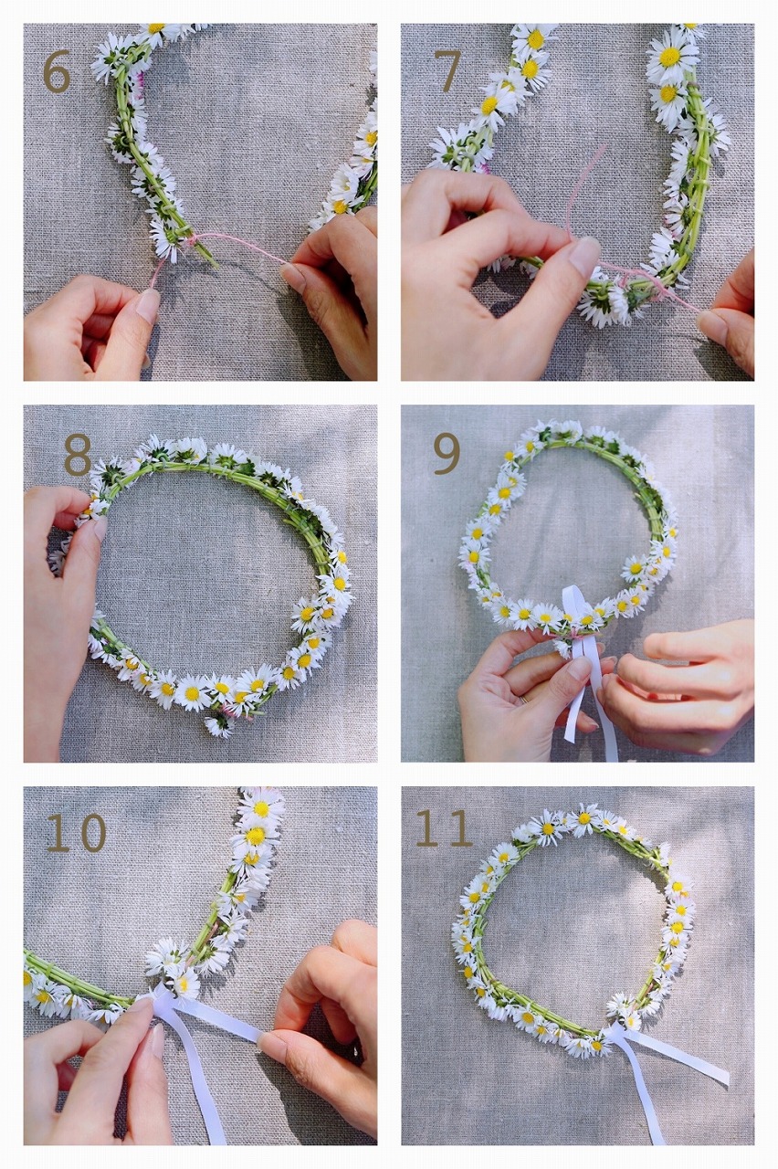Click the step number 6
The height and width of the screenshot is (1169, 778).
57,72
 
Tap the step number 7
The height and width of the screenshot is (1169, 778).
447,70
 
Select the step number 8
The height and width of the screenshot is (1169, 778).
78,454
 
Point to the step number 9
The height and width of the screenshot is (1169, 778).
447,453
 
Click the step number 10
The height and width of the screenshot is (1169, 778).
77,833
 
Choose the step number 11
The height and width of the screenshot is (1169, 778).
444,828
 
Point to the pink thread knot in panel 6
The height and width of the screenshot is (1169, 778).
193,242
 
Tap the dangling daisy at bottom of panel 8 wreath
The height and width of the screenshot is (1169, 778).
217,726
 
